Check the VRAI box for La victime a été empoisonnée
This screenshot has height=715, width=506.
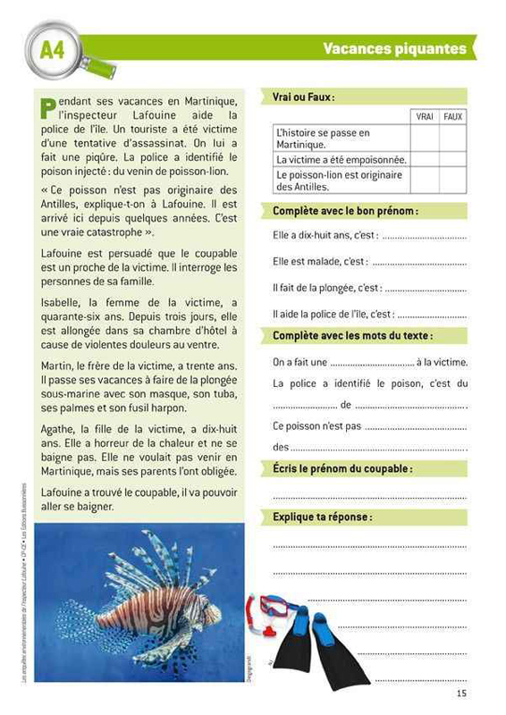425,159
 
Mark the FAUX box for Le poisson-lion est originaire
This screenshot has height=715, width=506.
453,181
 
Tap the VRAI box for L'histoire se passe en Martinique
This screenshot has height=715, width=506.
425,139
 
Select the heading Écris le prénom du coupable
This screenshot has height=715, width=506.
342,468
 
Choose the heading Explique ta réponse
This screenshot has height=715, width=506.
322,517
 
